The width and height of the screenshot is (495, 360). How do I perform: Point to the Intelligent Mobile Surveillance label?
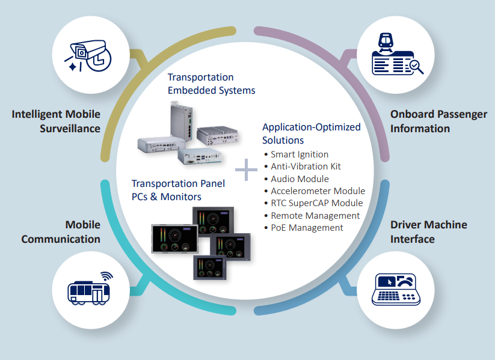click(x=56, y=121)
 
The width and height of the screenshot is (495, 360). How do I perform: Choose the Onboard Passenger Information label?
click(x=438, y=121)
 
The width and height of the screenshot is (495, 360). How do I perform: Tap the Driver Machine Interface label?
click(x=428, y=231)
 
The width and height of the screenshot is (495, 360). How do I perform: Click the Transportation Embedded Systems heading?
click(x=211, y=84)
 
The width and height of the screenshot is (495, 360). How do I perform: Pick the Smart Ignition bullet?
click(x=299, y=154)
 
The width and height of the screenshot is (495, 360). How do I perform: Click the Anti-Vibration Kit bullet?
click(x=306, y=166)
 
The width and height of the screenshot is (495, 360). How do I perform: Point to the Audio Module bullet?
click(x=299, y=178)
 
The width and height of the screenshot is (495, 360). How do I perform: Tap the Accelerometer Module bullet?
click(x=317, y=191)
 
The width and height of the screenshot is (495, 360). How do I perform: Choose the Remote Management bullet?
click(x=315, y=215)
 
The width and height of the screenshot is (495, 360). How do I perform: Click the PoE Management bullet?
click(x=306, y=228)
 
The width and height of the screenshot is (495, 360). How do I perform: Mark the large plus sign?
click(x=246, y=170)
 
